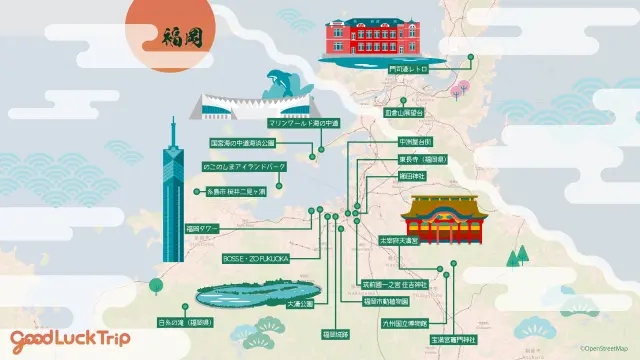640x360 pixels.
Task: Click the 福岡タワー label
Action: tap(201, 229)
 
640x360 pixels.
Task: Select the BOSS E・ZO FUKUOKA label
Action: tap(256, 257)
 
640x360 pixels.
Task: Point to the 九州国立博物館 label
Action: tap(404, 323)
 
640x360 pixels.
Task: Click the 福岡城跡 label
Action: tap(334, 332)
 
